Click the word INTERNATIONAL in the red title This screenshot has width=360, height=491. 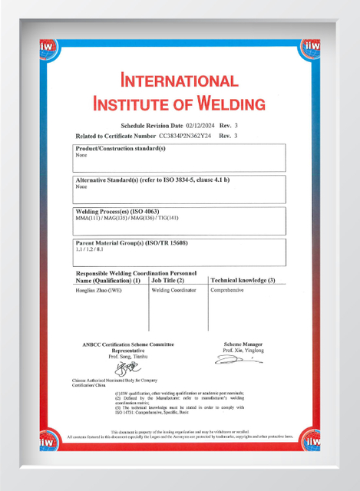(x=179, y=81)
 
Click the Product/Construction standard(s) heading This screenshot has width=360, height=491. (x=121, y=148)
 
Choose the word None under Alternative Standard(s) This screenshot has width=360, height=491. (x=81, y=186)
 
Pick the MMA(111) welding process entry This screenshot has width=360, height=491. (x=88, y=219)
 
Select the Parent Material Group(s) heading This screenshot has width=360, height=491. (x=131, y=243)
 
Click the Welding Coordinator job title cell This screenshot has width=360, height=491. (x=174, y=291)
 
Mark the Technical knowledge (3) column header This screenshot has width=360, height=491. (x=243, y=281)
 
